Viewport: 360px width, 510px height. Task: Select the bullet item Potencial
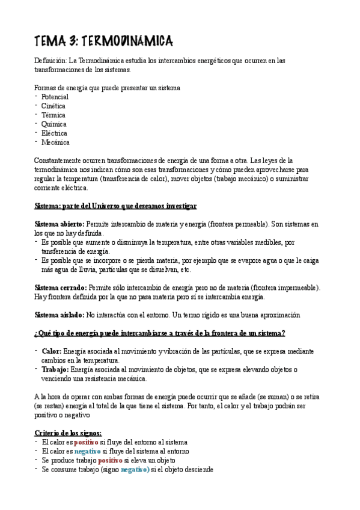tap(55, 97)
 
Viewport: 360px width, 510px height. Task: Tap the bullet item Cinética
tap(53, 106)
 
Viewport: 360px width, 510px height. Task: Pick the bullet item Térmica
tap(53, 115)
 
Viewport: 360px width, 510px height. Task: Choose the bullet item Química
tap(54, 124)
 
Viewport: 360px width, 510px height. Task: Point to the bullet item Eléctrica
tap(54, 134)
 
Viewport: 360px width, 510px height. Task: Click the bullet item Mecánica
tap(55, 143)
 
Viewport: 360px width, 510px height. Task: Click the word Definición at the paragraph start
tap(50, 61)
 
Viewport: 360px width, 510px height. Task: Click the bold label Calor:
tap(51, 351)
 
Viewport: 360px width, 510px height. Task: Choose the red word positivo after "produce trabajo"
tap(110, 460)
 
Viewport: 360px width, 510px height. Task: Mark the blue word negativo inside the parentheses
tap(135, 469)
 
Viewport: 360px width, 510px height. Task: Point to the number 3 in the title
tap(73, 41)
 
